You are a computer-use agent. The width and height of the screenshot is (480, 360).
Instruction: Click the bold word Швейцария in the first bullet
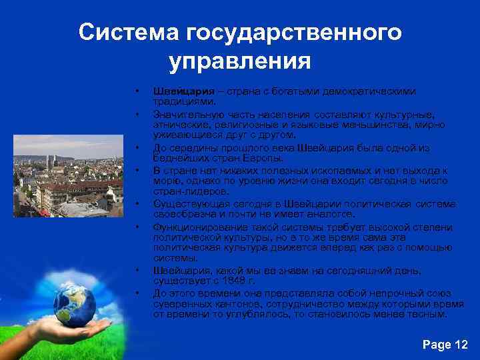tap(175, 91)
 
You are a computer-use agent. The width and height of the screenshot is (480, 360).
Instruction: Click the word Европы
tap(247, 159)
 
